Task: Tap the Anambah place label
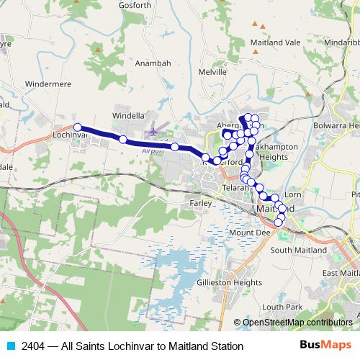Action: [x=153, y=63]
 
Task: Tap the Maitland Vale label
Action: [x=275, y=42]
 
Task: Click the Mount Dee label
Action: [x=248, y=233]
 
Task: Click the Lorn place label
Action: [x=292, y=195]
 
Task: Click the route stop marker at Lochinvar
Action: [x=78, y=127]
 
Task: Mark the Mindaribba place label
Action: [x=335, y=42]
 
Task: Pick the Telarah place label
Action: [x=235, y=187]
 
